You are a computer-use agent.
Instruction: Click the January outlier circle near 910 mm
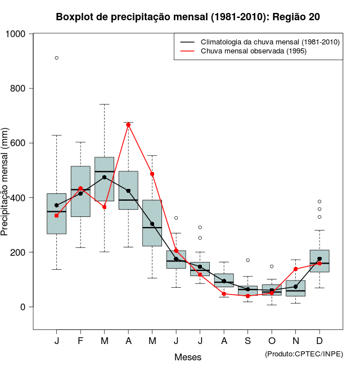(x=57, y=58)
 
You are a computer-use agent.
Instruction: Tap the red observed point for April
(x=128, y=125)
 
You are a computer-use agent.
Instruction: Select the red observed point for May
(x=152, y=174)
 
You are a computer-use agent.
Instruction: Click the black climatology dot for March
(x=105, y=177)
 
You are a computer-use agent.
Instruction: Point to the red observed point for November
(x=296, y=269)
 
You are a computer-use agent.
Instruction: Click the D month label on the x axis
(x=319, y=342)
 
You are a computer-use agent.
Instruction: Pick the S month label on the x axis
(x=248, y=342)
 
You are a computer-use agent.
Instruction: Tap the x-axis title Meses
(x=188, y=357)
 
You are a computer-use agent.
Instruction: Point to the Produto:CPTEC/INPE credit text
(x=304, y=354)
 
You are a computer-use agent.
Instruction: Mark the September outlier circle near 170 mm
(x=248, y=260)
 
